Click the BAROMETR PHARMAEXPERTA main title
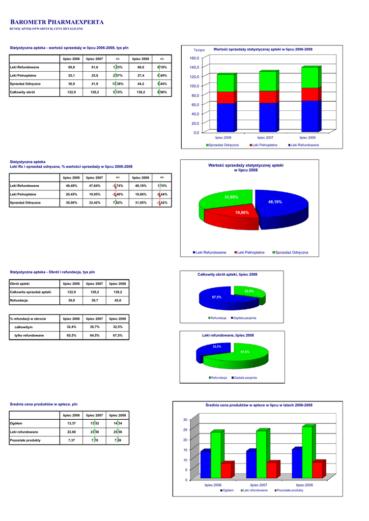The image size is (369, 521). pos(57,22)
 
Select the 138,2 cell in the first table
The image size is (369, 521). pos(140,92)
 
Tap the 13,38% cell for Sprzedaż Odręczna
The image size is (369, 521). pos(118,83)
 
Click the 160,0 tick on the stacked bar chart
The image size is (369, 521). pos(194,58)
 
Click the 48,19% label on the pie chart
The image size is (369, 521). pos(275,202)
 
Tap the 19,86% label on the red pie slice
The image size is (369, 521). pos(242,212)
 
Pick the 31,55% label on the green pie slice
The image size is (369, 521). pos(231,197)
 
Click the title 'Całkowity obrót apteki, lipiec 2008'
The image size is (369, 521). pos(227,274)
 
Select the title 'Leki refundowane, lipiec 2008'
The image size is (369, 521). pos(228,335)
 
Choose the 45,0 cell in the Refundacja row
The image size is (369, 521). pos(118,300)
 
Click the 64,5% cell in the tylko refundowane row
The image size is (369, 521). pos(94,335)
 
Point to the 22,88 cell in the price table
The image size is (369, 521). pos(71,431)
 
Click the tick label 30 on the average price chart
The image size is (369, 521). pos(185,419)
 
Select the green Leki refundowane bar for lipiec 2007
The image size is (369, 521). pos(261,454)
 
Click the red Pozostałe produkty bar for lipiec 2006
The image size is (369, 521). pos(225,470)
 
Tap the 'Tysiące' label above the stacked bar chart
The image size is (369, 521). pos(200,50)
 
